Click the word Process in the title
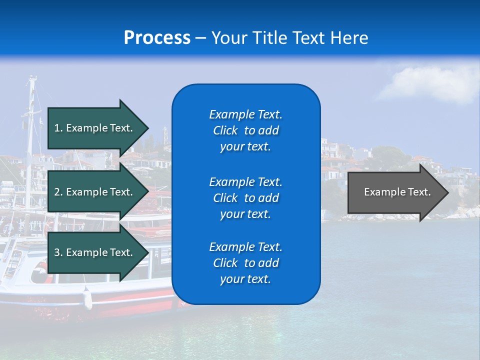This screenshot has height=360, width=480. pyautogui.click(x=157, y=38)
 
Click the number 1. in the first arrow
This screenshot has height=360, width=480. pyautogui.click(x=58, y=128)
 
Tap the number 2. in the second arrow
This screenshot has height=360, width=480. pyautogui.click(x=58, y=192)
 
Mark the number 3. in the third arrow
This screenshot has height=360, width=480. pyautogui.click(x=58, y=252)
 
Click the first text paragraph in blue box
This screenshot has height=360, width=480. pyautogui.click(x=245, y=130)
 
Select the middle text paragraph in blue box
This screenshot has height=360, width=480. pyautogui.click(x=245, y=198)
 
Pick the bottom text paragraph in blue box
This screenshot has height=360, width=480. pyautogui.click(x=245, y=263)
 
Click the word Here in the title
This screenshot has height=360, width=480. pyautogui.click(x=349, y=38)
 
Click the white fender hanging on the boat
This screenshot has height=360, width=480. pyautogui.click(x=88, y=298)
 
